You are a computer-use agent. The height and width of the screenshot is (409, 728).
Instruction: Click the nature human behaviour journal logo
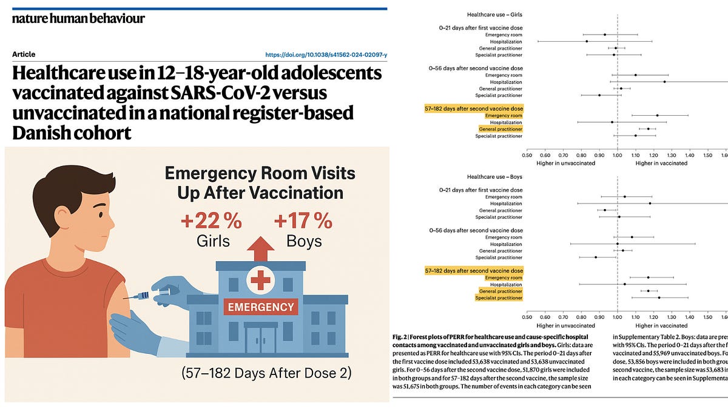78,18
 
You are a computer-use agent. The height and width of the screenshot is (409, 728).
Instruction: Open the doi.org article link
326,55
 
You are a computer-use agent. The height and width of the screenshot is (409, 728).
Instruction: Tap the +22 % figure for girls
212,221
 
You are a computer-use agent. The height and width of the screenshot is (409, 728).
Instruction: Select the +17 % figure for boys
303,221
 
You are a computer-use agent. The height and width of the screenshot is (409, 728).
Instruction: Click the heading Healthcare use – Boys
494,176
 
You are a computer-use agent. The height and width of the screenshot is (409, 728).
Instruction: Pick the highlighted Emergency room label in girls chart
504,115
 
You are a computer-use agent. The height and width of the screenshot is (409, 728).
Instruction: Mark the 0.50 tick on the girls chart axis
527,155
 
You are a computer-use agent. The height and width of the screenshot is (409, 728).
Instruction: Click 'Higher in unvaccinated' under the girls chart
565,163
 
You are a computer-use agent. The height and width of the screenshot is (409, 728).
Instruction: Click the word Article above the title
24,55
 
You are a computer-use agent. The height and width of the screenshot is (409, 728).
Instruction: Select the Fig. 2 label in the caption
402,337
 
